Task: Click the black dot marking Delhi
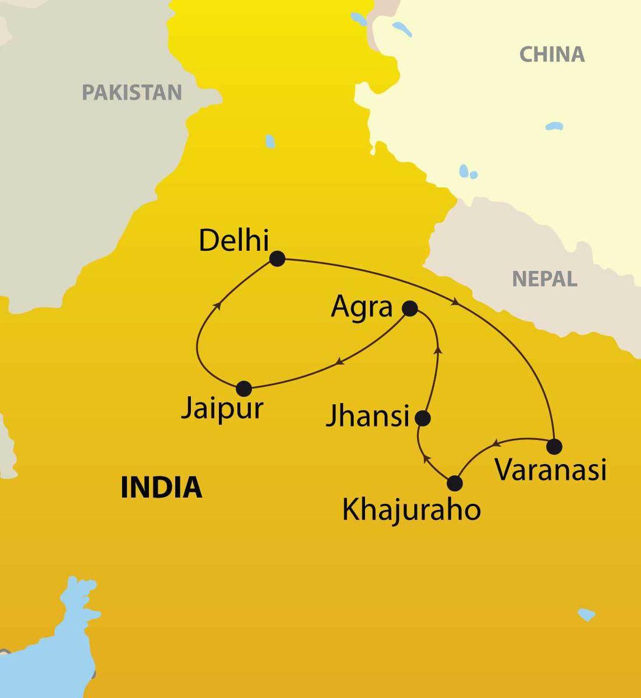277,259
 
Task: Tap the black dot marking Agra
410,308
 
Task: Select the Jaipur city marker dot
244,389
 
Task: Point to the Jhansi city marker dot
423,418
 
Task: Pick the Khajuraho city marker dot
454,483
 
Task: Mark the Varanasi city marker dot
554,446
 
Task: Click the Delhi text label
233,240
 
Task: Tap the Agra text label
362,307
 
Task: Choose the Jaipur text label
222,408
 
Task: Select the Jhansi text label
368,416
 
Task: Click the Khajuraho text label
411,511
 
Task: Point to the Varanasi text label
551,469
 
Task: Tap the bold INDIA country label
161,487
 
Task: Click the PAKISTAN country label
132,92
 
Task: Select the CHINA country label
551,55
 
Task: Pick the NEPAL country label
544,279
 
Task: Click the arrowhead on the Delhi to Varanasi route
456,302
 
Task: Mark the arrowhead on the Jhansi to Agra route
438,350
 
